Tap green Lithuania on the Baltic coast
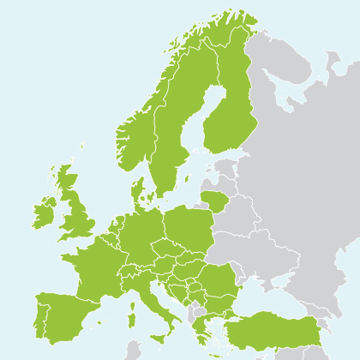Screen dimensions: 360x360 (x=214, y=201)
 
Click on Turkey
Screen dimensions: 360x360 (x=274, y=330)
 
